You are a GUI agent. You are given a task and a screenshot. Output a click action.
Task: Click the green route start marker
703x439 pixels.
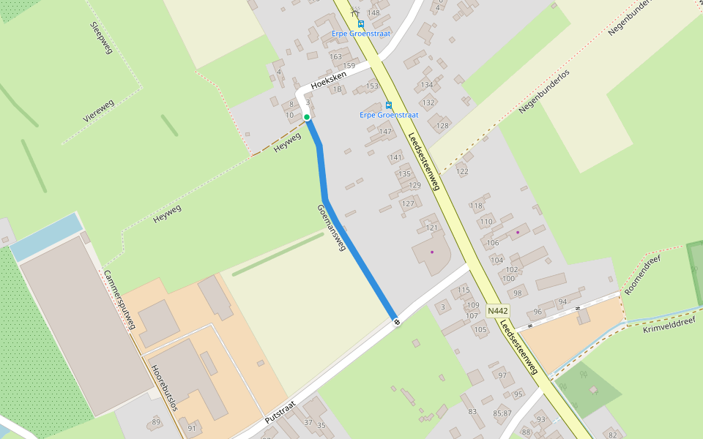(x=307, y=117)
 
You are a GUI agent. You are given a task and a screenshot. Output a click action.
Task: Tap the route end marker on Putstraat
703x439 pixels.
(x=396, y=321)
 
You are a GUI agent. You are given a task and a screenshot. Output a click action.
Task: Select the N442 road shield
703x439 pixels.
(x=497, y=311)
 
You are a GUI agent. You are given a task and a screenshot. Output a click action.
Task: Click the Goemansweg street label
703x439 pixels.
(x=331, y=228)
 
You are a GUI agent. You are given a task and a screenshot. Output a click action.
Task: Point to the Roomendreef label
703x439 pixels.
(x=642, y=276)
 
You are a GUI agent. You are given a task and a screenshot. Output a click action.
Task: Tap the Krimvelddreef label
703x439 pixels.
(x=672, y=321)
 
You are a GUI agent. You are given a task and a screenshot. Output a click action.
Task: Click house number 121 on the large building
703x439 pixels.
(x=431, y=228)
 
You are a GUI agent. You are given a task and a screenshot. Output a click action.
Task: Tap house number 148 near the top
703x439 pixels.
(x=373, y=13)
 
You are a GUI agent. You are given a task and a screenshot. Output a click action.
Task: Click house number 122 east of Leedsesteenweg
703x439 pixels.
(x=462, y=171)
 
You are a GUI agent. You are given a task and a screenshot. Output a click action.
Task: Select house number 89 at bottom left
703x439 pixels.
(x=156, y=422)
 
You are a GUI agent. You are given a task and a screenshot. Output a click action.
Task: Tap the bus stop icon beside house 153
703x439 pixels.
(x=388, y=105)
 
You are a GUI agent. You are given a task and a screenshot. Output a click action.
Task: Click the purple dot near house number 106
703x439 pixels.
(x=518, y=233)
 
